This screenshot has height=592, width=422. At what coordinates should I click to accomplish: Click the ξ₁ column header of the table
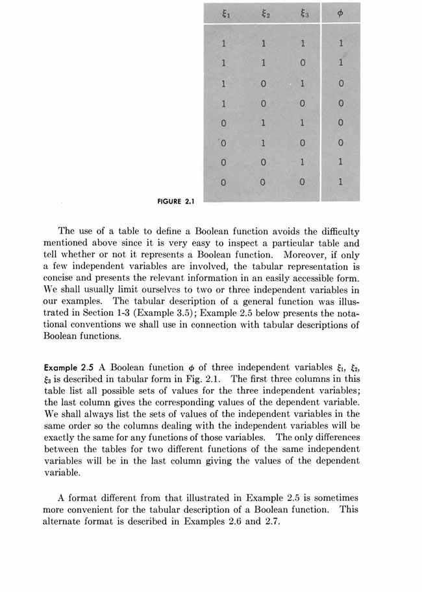tap(223, 13)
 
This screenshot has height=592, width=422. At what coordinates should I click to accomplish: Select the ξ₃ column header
tap(302, 13)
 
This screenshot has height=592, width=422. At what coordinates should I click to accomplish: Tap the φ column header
tap(341, 13)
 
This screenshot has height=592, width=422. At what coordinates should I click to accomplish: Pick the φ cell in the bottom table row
tap(341, 182)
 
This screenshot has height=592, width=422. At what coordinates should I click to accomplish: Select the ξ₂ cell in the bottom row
tap(263, 182)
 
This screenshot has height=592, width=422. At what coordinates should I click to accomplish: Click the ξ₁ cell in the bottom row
tap(223, 182)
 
